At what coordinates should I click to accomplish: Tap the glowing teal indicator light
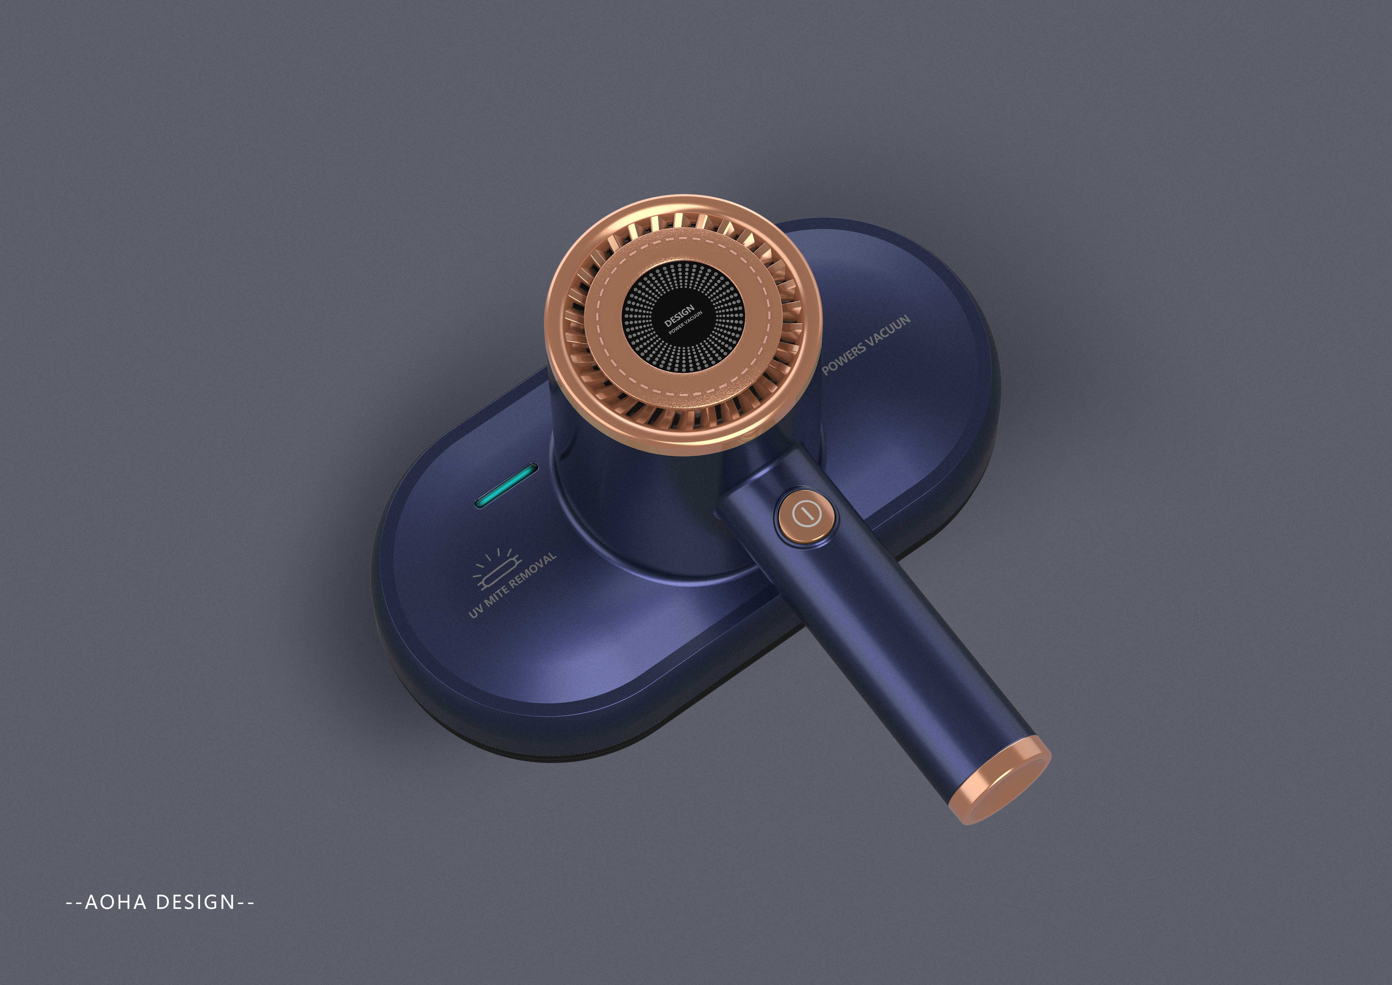507,485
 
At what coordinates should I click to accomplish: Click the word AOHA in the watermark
115,902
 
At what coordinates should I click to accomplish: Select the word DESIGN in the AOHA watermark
195,902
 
